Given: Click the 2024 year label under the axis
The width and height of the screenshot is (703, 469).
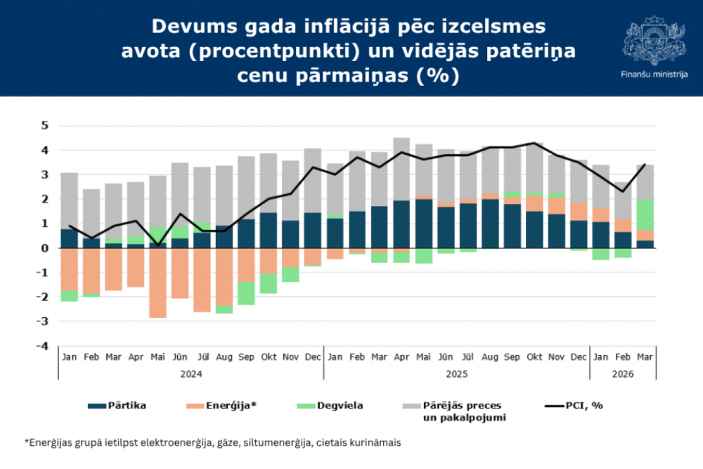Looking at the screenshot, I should coord(191,374).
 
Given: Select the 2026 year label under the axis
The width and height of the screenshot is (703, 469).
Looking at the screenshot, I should coord(623,374).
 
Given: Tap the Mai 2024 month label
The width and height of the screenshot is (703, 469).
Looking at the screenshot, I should coord(157,357).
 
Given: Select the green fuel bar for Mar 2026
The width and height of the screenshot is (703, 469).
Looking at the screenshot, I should coord(645,215).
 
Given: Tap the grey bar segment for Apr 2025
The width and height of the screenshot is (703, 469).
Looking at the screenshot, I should coord(401,169).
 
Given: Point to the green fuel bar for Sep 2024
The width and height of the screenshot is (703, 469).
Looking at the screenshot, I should coord(246,293).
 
